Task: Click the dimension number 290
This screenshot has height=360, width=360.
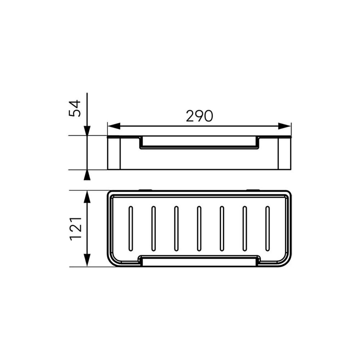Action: pyautogui.click(x=199, y=116)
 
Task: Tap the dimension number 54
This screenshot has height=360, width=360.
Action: pyautogui.click(x=75, y=108)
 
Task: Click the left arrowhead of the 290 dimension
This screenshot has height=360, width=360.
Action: pyautogui.click(x=114, y=126)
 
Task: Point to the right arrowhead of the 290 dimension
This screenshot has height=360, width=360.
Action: pyautogui.click(x=284, y=126)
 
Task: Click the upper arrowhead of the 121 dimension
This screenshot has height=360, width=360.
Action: pyautogui.click(x=87, y=197)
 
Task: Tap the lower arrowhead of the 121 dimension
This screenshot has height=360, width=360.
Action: pyautogui.click(x=87, y=260)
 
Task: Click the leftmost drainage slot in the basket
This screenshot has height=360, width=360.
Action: pyautogui.click(x=131, y=229)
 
